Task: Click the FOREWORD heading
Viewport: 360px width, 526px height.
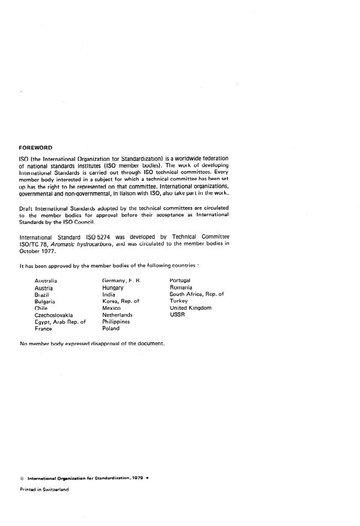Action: (x=35, y=147)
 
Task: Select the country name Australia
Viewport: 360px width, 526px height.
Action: (x=46, y=281)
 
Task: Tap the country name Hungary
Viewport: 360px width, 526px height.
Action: (x=113, y=288)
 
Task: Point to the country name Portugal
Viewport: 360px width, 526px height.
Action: (x=180, y=281)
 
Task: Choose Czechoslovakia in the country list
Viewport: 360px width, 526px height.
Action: (x=54, y=315)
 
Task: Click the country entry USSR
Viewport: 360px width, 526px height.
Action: (x=178, y=315)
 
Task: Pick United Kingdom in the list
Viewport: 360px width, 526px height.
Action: (x=191, y=308)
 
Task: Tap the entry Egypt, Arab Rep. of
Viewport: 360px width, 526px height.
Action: (x=60, y=322)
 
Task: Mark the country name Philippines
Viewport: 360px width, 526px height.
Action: (x=116, y=322)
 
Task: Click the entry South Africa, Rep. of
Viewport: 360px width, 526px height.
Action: (x=197, y=294)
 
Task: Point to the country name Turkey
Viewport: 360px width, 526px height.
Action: (x=179, y=301)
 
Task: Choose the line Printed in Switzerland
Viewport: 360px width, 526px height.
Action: (x=44, y=489)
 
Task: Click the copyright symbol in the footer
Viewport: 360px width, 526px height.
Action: (x=22, y=479)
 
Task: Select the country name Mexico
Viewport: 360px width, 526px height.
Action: (x=112, y=308)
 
